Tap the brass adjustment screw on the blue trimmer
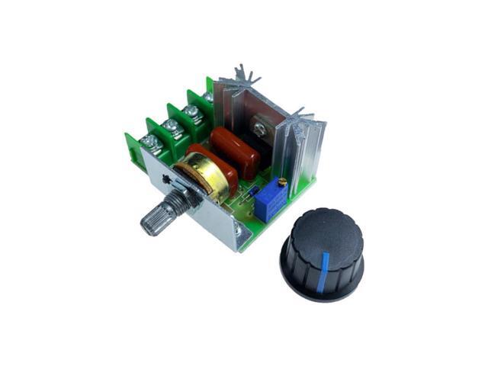click(x=283, y=181)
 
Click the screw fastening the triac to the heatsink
click(x=263, y=120)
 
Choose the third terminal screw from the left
click(x=191, y=111)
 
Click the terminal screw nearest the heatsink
click(x=209, y=97)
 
